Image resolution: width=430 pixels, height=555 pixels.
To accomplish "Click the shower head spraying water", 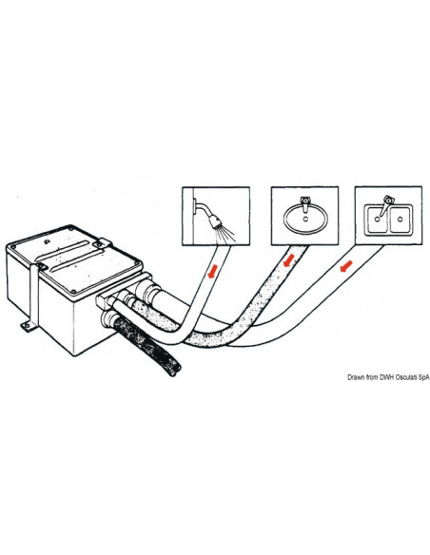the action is coord(215,221).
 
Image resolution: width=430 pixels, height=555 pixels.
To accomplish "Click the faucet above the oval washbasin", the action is coord(304,204).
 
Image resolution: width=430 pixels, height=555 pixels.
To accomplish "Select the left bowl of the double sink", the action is coord(378,220).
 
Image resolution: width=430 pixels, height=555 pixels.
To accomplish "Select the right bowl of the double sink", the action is coord(400,220).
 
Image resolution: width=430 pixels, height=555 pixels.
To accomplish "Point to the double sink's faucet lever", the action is coord(385,205).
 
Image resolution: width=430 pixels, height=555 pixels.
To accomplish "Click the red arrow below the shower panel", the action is coord(213,272).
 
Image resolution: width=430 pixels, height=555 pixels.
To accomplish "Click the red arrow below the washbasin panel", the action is coord(288,260).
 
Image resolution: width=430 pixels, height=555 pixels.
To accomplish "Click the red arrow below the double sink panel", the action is coord(345,266).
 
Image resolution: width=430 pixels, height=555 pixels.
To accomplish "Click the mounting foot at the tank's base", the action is coord(26,327).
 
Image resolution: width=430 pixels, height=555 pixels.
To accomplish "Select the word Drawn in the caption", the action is coord(356,377).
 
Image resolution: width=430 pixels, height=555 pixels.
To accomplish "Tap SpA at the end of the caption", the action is coord(424,377).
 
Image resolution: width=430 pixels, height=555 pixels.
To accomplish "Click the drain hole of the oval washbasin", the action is coord(305,220).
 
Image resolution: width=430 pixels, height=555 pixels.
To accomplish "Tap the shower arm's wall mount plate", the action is coord(194,205).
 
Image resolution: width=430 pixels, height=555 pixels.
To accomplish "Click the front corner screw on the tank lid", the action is coord(73,292).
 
